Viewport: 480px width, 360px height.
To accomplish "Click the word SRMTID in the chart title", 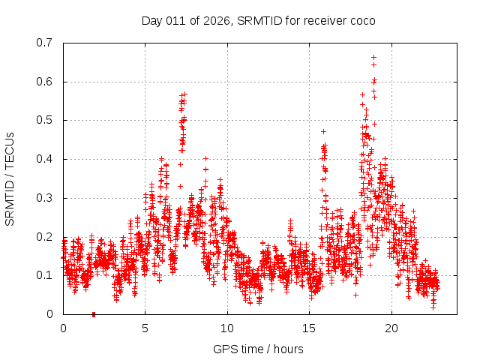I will coord(259,20).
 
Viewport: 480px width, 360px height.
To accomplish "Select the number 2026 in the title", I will coord(215,20).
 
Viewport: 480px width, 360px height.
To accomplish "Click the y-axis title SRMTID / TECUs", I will coord(10,178).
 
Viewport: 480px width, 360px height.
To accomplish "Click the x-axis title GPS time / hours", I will coord(258,349).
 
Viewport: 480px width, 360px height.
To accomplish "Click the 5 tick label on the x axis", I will coord(145,328).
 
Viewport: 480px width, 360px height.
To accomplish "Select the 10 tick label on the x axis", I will coord(227,328).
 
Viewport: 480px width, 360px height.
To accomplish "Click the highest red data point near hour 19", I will coord(373,57).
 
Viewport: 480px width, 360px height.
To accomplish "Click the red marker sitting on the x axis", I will coord(94,314).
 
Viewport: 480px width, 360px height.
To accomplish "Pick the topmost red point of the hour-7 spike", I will coord(184,94).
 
